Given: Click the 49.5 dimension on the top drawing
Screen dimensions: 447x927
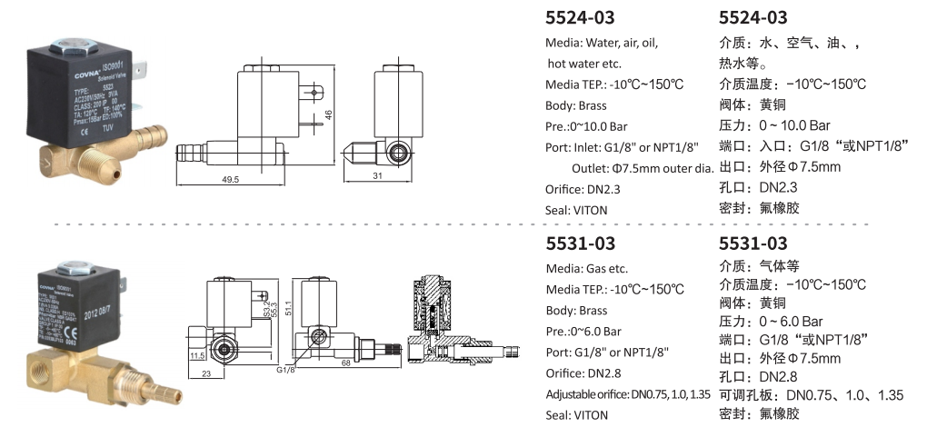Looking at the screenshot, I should (229, 181).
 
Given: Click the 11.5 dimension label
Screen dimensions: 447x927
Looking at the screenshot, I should (198, 357).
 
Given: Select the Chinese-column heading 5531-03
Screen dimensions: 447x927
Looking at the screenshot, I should (753, 243).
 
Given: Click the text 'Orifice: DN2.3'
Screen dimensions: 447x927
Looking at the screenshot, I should (587, 189).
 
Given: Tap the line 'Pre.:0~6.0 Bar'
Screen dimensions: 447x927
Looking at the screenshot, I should (583, 331).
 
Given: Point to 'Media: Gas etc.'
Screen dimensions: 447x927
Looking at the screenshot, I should (586, 269).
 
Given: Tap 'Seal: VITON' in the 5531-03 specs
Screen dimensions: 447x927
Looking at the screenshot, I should (576, 415).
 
